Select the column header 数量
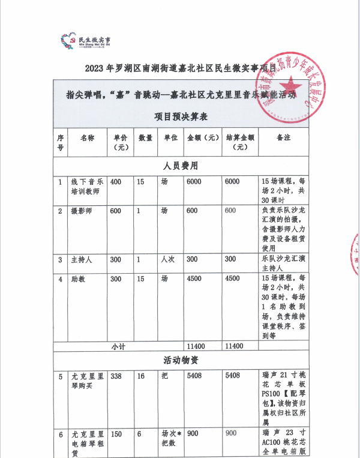(x=145, y=137)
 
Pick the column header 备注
(x=284, y=137)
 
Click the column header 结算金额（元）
(x=241, y=142)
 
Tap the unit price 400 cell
(x=116, y=182)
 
